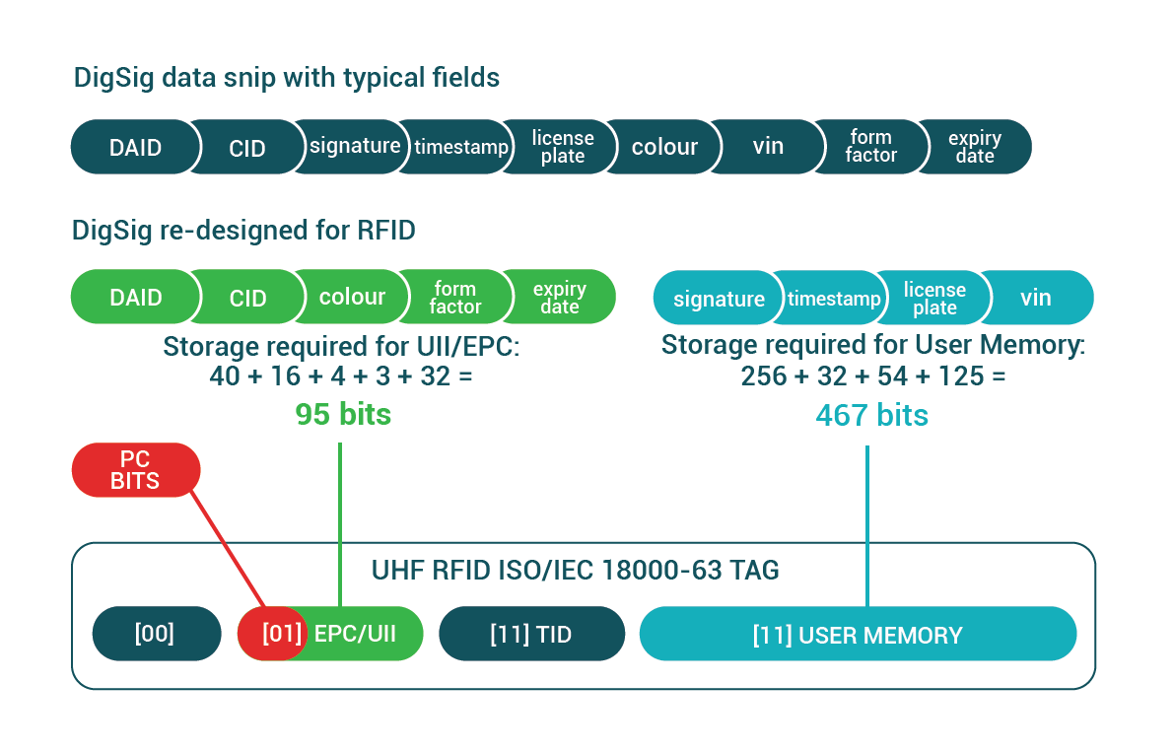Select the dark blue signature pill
click(x=355, y=146)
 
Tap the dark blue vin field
click(x=768, y=146)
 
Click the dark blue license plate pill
click(x=563, y=147)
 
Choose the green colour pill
click(x=352, y=297)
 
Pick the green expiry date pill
click(x=560, y=298)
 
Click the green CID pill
click(x=247, y=298)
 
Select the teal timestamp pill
click(x=834, y=299)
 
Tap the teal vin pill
click(x=1036, y=298)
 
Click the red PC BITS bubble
click(x=135, y=470)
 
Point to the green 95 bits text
click(x=343, y=415)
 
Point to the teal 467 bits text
click(x=871, y=415)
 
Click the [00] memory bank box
click(x=156, y=634)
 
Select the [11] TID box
click(x=530, y=634)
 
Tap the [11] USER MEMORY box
click(x=857, y=634)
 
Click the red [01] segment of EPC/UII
click(x=273, y=634)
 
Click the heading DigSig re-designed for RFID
click(x=243, y=231)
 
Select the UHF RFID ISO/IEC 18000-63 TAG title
click(x=576, y=570)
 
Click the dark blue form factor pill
click(x=870, y=146)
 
